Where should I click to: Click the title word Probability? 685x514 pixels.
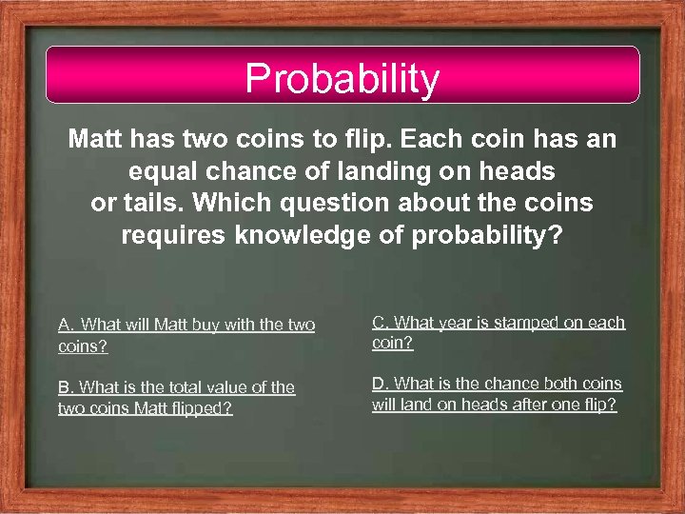[x=342, y=79]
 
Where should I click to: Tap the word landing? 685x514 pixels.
[x=385, y=172]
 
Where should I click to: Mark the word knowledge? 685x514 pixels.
[x=308, y=235]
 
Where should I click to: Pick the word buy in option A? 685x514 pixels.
[x=199, y=326]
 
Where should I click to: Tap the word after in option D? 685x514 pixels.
[x=538, y=405]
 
